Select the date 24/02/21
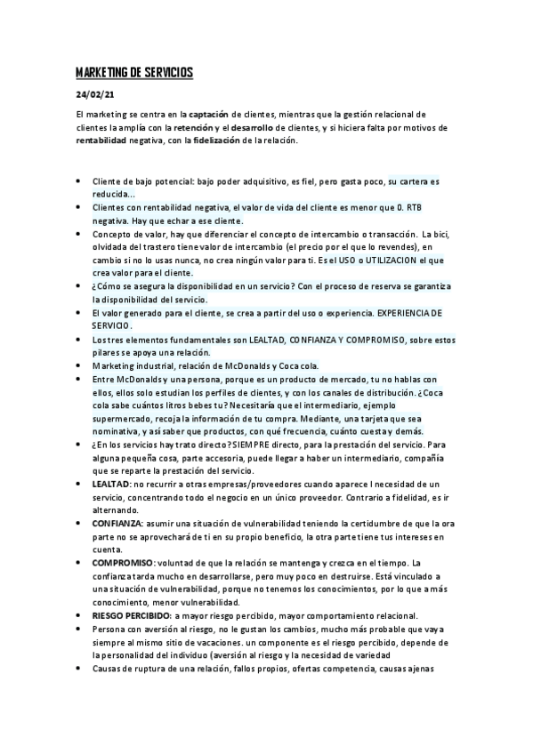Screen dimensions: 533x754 (95, 96)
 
